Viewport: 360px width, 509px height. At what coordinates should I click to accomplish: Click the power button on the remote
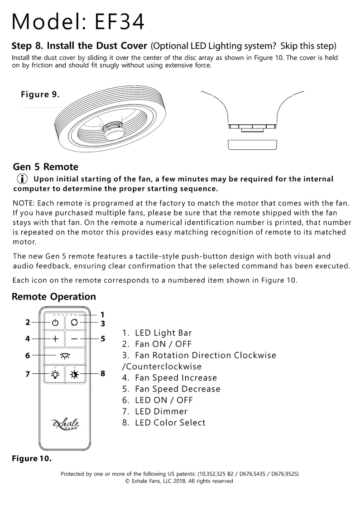pos(55,323)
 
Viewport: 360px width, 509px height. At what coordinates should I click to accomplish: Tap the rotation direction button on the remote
pos(75,323)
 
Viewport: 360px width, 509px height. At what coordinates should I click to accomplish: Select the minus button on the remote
pos(75,338)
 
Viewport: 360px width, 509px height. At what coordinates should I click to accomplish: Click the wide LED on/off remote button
pos(65,355)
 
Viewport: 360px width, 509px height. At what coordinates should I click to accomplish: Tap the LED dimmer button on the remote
pos(55,374)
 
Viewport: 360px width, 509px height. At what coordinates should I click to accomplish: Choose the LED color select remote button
pos(75,374)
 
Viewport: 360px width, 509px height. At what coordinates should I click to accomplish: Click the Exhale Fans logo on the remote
pos(66,424)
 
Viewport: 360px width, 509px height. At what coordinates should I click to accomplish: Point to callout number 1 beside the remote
pos(103,314)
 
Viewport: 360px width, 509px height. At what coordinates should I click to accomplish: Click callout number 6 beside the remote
pos(28,356)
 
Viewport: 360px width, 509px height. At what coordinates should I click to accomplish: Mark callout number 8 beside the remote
pos(103,374)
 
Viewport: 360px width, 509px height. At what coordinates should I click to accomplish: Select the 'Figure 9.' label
pos(40,94)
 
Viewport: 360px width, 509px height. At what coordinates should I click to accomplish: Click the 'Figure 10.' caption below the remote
pos(31,458)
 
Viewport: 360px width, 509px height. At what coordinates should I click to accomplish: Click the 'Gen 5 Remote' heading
pos(46,166)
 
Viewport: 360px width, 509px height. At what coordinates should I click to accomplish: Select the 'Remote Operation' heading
pos(54,297)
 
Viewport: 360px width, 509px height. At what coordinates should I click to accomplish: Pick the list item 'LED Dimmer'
pos(161,411)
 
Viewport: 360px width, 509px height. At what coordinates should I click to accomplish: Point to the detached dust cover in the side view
pos(251,144)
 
